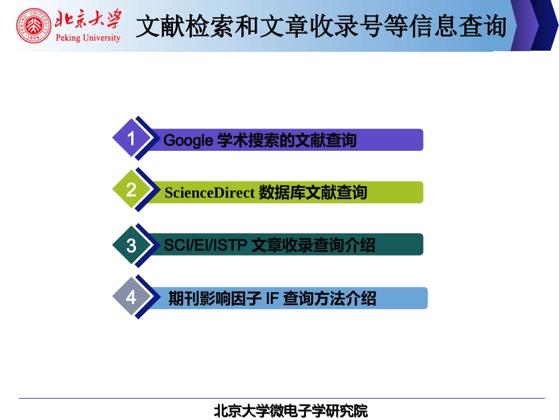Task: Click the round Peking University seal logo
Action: pos(34,26)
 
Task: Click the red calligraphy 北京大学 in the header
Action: pos(88,20)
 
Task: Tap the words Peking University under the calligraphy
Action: pos(88,38)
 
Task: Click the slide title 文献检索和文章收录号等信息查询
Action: pos(321,27)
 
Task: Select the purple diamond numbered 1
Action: pos(131,138)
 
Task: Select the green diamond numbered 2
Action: pos(131,190)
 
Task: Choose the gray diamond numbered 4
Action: pos(131,297)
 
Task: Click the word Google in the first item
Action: pos(188,141)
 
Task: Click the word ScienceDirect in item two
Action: pos(209,193)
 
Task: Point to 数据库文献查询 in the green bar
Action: pos(312,193)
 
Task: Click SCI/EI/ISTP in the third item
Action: pos(205,246)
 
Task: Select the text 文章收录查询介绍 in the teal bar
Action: pos(313,246)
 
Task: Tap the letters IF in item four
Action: pos(271,299)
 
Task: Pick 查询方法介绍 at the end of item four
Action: pos(329,299)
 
